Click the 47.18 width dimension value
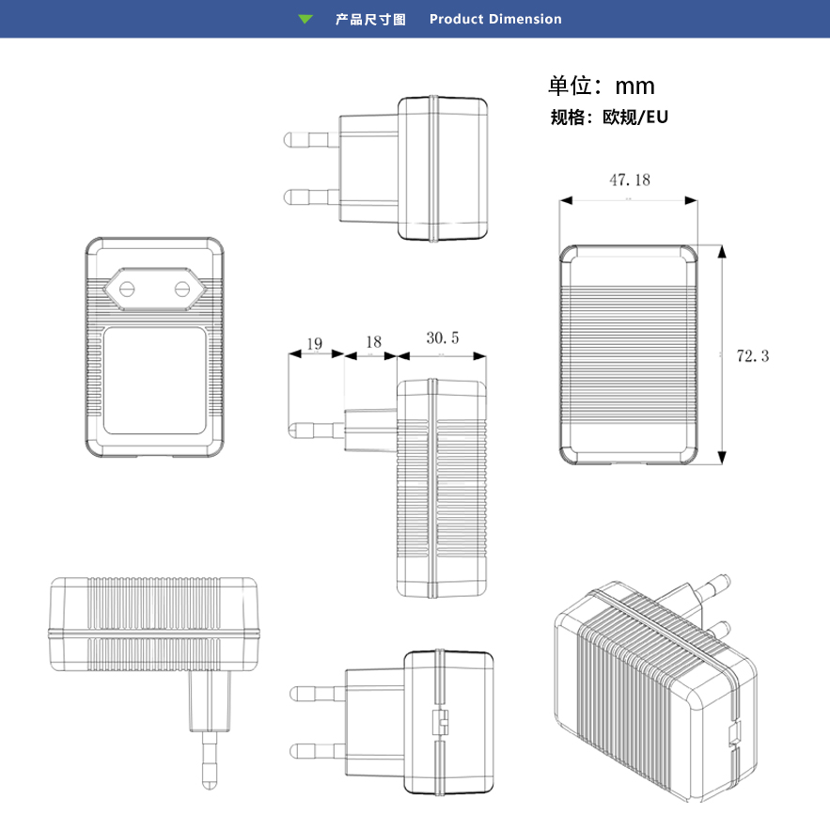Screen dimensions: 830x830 (x=629, y=180)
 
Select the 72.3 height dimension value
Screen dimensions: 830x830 (x=752, y=356)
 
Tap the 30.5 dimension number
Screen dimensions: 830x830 (x=442, y=337)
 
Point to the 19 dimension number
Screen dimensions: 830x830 (x=314, y=344)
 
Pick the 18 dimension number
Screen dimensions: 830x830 (x=373, y=343)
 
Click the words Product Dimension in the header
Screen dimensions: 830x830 (x=495, y=19)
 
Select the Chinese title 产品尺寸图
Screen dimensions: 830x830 (x=370, y=19)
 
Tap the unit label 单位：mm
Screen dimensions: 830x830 (x=602, y=86)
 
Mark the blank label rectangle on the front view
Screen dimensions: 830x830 (x=155, y=379)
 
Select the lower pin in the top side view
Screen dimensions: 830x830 (x=310, y=196)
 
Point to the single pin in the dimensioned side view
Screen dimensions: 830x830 (x=315, y=430)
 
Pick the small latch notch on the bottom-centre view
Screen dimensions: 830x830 (x=439, y=722)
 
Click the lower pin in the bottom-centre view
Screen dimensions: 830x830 (x=316, y=750)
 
